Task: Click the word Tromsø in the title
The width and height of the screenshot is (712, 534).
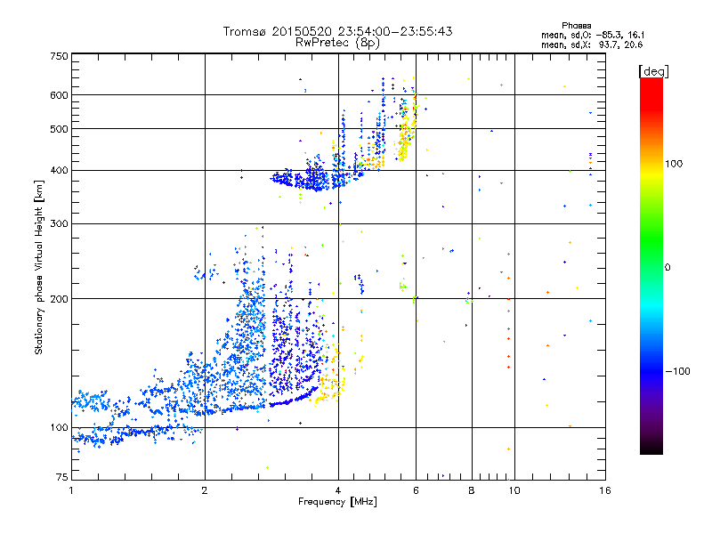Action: [x=246, y=31]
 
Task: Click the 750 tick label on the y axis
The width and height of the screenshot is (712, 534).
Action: [x=59, y=55]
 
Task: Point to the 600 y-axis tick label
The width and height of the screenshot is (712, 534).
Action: [x=59, y=95]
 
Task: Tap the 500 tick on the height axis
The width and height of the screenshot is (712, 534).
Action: [x=59, y=129]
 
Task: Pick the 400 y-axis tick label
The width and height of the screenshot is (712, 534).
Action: [x=59, y=170]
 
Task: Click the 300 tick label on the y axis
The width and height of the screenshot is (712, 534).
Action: [x=59, y=223]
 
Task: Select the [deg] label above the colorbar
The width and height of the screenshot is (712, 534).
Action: [x=653, y=70]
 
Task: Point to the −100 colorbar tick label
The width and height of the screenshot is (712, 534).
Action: [x=680, y=371]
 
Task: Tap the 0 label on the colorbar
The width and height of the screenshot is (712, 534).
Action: [x=669, y=267]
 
